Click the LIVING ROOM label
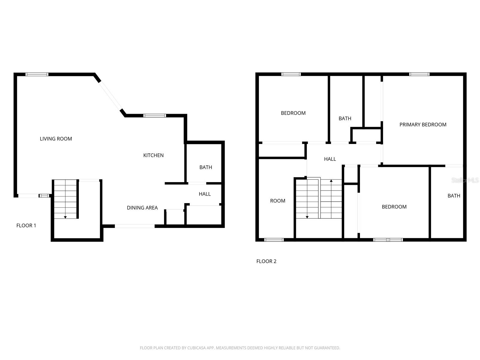tap(56, 139)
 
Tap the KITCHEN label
tap(153, 155)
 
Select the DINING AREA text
tap(142, 208)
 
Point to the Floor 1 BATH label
tap(206, 167)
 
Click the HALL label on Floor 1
tap(205, 194)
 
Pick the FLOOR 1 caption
tap(26, 225)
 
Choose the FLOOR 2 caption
tap(266, 261)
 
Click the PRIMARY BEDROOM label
tap(423, 124)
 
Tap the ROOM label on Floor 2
tap(277, 201)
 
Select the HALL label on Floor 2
tap(330, 159)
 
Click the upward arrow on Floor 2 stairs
tap(331, 181)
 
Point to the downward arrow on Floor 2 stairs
tap(307, 217)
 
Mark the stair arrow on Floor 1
tap(65, 217)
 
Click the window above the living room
tap(37, 74)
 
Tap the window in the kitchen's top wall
tap(154, 115)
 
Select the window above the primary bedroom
tap(419, 74)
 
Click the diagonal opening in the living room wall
tap(111, 95)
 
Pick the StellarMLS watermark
tap(465, 180)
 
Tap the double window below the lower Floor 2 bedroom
tap(388, 240)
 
